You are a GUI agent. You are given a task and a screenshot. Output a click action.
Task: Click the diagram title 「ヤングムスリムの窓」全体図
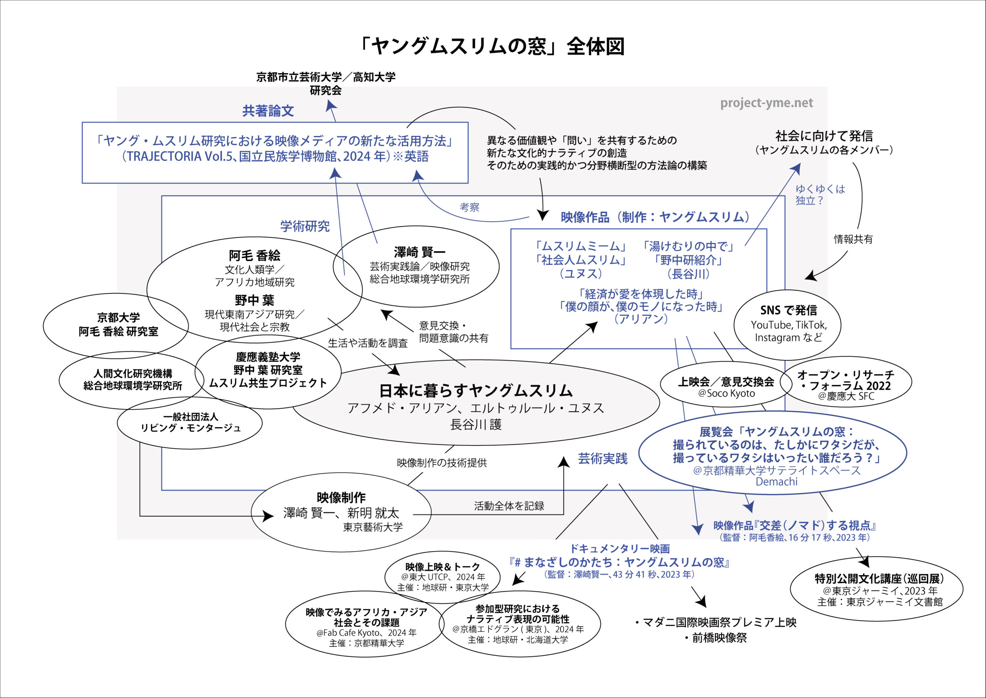(x=493, y=46)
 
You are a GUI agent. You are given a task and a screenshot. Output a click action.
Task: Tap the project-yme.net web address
(x=766, y=103)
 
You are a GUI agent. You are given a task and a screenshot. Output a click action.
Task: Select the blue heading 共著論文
(x=268, y=111)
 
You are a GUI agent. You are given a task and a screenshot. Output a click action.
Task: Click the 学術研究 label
(x=305, y=226)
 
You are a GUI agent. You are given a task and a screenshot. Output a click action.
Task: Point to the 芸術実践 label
(x=602, y=459)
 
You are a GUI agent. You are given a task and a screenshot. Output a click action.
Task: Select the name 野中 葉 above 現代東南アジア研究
(x=254, y=300)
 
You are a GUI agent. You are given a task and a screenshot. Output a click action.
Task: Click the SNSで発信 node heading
(x=788, y=310)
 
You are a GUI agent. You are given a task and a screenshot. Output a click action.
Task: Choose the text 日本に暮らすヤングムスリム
(x=476, y=390)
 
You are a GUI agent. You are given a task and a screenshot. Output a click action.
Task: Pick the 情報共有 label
(x=853, y=239)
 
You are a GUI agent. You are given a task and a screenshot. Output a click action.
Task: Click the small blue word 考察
(x=469, y=208)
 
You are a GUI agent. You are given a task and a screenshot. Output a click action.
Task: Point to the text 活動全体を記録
(x=509, y=506)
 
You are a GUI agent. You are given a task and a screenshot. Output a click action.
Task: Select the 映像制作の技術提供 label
(x=441, y=463)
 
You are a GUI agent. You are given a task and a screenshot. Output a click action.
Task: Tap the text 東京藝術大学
(x=373, y=527)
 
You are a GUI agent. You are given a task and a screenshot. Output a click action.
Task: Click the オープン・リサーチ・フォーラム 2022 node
(x=845, y=381)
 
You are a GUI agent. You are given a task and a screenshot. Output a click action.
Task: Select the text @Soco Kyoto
(x=726, y=393)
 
